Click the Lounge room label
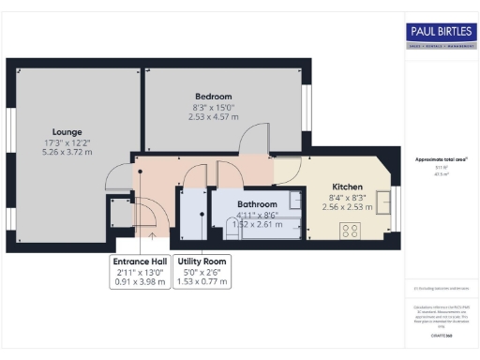tap(67, 131)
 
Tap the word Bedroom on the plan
tap(214, 96)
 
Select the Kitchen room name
tap(347, 186)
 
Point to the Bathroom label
tap(257, 203)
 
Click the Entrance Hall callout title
tap(140, 262)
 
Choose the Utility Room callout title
tap(203, 262)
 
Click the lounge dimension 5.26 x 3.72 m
tap(67, 152)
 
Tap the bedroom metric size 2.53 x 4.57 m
tap(214, 117)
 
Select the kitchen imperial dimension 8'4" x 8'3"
tap(347, 197)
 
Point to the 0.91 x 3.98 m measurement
tap(140, 282)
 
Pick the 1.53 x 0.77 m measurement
tap(203, 282)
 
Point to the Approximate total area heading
tap(441, 159)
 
